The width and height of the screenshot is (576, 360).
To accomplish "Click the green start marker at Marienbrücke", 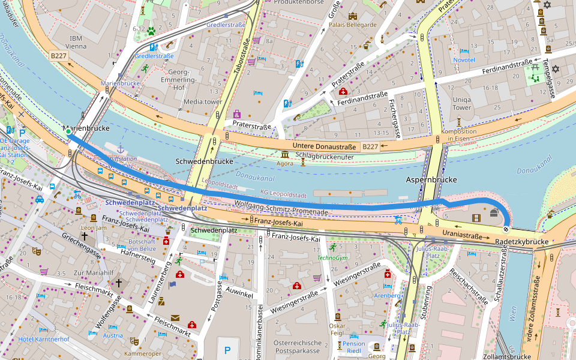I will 68,131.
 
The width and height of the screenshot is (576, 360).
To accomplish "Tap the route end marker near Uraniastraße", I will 506,229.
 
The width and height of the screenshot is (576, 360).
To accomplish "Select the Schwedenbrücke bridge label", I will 204,162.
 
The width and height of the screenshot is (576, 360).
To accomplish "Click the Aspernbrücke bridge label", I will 432,180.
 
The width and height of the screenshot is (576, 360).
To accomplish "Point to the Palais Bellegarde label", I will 352,25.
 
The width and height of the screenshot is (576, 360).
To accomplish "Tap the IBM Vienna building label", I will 76,41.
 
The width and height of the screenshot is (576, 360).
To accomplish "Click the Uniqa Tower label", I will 462,103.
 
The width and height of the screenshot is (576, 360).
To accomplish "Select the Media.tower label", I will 203,102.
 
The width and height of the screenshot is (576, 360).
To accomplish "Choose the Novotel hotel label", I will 464,60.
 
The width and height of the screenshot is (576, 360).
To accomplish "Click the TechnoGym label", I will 332,257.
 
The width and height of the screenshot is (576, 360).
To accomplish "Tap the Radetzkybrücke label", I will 522,241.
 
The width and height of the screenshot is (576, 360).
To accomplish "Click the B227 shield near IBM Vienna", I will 58,55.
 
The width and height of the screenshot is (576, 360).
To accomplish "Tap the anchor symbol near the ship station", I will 120,148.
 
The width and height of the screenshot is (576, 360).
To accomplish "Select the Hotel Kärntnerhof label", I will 44,339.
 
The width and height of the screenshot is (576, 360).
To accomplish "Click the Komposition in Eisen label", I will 459,136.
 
